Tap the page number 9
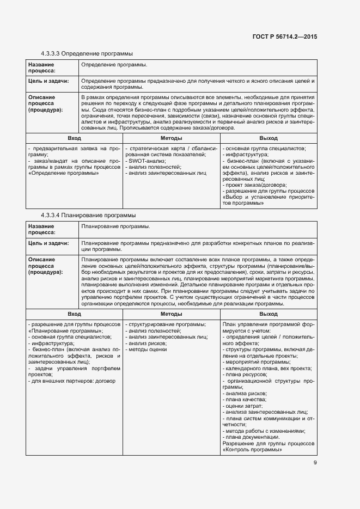[x=315, y=463]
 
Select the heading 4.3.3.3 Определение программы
[x=87, y=53]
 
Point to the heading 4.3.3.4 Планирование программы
[x=88, y=216]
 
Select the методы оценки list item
[x=147, y=349]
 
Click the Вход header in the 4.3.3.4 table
[x=74, y=314]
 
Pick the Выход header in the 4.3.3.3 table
[x=269, y=139]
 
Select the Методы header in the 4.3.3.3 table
[x=172, y=139]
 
